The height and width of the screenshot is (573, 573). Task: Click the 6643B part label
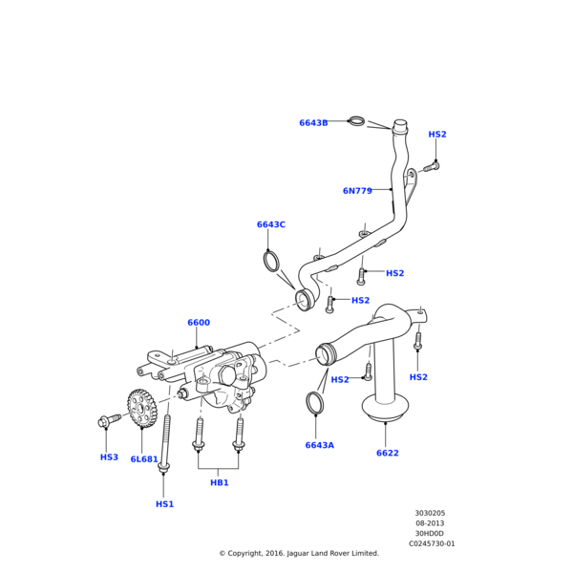(x=313, y=123)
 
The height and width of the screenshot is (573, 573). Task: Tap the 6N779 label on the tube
(x=357, y=191)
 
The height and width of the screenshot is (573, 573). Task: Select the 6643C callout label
(x=271, y=224)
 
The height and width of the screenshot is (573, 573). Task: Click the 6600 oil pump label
(x=199, y=323)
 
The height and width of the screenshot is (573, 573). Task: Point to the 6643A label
(x=319, y=445)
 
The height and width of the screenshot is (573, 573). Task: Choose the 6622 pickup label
(x=388, y=453)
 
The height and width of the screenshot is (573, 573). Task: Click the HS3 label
(x=109, y=457)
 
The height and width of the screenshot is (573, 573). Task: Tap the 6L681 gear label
(x=144, y=459)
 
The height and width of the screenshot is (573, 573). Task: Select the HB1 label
(x=220, y=482)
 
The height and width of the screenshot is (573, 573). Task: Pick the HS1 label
(x=165, y=504)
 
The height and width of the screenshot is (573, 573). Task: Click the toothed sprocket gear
(x=142, y=408)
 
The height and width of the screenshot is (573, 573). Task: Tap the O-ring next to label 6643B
(x=356, y=120)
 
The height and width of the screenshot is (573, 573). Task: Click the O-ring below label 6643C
(x=272, y=262)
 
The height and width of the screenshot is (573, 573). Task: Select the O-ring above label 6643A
(x=315, y=403)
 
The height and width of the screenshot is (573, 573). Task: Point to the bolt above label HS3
(x=109, y=420)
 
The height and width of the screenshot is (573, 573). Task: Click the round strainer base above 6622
(x=385, y=406)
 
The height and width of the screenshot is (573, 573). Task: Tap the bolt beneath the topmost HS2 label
(x=432, y=167)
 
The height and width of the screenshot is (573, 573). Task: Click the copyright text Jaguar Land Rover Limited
(x=333, y=553)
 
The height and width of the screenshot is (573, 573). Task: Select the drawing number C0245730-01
(x=432, y=543)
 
